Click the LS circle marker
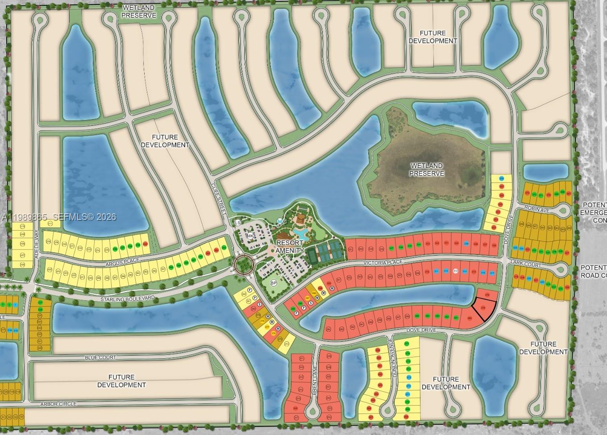[x=237, y=223]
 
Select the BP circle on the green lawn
[x=274, y=283]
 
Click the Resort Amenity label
[x=291, y=247]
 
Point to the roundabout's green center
[x=244, y=265]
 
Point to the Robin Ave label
[x=535, y=208]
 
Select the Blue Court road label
[x=100, y=357]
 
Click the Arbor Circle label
[x=58, y=404]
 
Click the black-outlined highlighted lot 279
[x=483, y=309]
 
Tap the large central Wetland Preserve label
[x=427, y=170]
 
